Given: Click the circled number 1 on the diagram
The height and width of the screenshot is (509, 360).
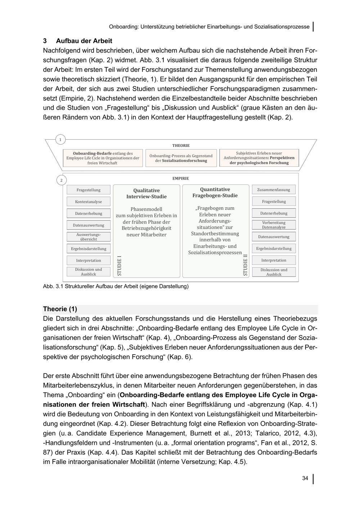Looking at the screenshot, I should coord(60,140).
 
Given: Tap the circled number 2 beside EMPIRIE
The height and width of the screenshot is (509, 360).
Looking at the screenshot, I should coord(61,180).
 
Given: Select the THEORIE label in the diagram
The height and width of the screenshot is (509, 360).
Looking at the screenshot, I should coord(181,145).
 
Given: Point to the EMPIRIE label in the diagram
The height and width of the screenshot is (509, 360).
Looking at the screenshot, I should coord(181,178).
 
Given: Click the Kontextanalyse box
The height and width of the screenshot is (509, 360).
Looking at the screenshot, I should coord(89,202).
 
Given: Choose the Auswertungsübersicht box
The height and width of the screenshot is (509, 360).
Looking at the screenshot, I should coord(89,237).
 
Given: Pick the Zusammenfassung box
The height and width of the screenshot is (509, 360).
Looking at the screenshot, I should coord(274,190).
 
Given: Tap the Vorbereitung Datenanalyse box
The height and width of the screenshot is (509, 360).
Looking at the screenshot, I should coord(274,225).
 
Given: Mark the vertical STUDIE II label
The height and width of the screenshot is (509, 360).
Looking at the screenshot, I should coord(246,265).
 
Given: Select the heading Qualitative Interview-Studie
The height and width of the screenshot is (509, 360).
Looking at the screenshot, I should coord(147,194).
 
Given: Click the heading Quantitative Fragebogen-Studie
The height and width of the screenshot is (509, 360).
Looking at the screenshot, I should coord(215,193).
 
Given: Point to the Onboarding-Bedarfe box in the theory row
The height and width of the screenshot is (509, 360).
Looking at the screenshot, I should coord(103,158).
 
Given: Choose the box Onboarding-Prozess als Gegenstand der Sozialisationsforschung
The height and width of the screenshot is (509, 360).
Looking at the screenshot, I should coord(181,158).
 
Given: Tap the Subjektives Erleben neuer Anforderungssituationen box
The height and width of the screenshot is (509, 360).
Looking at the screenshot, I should coord(259,158).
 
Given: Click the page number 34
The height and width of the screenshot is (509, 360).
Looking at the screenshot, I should coord(305,478).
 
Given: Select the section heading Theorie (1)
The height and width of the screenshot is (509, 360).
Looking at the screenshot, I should coord(60,309).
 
